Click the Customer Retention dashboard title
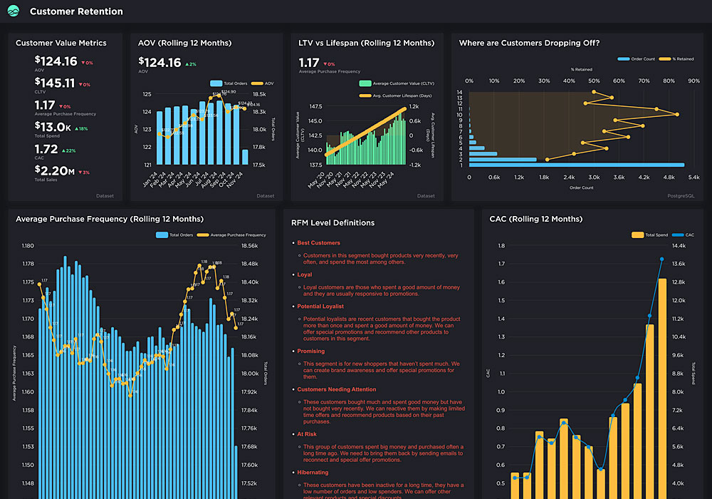pyautogui.click(x=76, y=11)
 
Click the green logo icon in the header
pyautogui.click(x=14, y=11)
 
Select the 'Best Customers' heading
pyautogui.click(x=318, y=243)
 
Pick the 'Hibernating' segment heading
pyautogui.click(x=313, y=472)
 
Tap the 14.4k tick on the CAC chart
pyautogui.click(x=678, y=246)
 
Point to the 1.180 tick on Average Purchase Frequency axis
pyautogui.click(x=28, y=246)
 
